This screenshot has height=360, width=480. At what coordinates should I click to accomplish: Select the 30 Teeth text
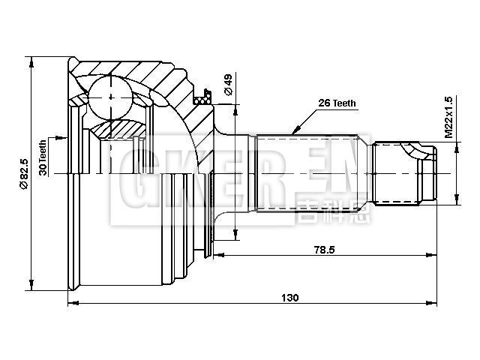coord(43,157)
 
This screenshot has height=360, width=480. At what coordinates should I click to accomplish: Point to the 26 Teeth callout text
coord(337,103)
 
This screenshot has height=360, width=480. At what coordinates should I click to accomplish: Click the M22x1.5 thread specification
coord(448,116)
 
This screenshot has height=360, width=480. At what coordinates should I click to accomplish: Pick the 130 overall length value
coord(289,296)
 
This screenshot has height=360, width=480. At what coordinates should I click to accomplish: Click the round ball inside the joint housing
coord(112,96)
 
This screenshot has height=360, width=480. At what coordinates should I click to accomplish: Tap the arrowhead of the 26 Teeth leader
coord(295,132)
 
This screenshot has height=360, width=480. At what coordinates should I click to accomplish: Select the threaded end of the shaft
coord(405,173)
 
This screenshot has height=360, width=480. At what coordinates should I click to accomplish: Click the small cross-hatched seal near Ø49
coord(201,97)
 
